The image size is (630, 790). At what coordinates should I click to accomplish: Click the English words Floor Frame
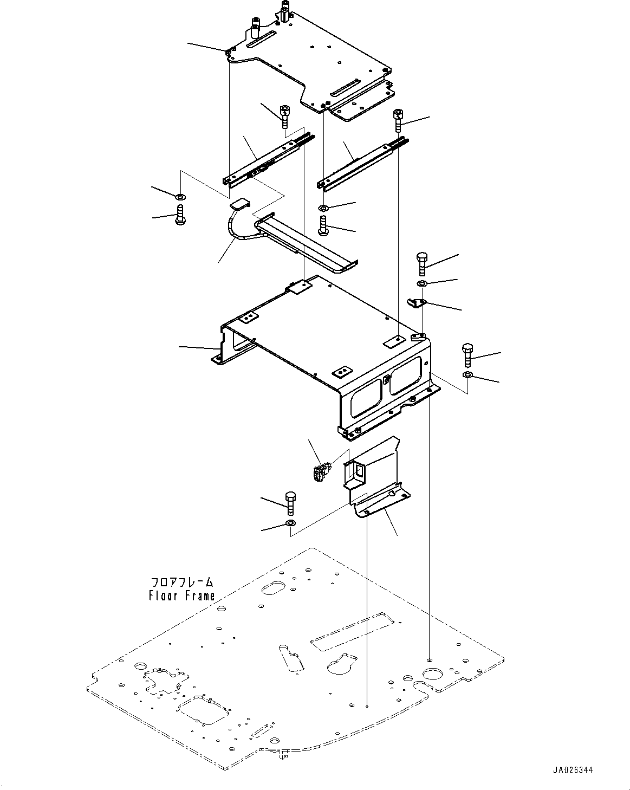tap(181, 595)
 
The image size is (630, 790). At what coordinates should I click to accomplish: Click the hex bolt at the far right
tap(467, 354)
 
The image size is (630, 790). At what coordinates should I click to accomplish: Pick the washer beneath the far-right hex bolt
tap(467, 374)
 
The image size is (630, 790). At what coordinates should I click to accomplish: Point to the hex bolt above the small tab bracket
tap(422, 263)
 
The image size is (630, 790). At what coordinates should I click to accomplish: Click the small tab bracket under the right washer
tap(417, 303)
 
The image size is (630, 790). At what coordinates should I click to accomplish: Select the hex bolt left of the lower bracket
tap(290, 503)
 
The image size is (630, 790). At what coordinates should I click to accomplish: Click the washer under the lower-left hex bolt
tap(290, 522)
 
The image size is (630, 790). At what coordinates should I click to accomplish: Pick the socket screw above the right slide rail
tap(398, 120)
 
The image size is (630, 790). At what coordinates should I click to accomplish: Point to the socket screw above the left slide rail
tap(284, 116)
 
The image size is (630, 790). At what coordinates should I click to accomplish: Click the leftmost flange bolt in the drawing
tap(180, 214)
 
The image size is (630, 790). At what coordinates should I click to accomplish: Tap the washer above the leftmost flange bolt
tap(180, 197)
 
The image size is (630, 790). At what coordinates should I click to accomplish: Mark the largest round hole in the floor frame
tap(433, 674)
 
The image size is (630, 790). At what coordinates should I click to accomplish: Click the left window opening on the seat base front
tap(366, 398)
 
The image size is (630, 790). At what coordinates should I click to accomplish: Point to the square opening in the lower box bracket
tap(358, 471)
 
